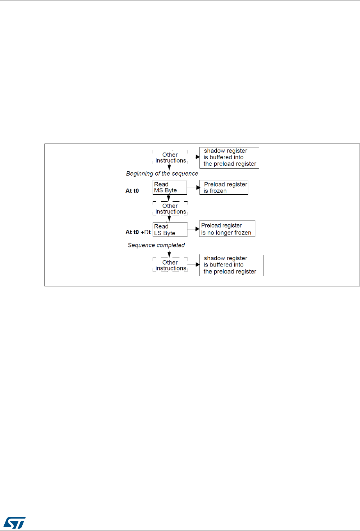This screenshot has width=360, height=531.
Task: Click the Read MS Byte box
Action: point(169,187)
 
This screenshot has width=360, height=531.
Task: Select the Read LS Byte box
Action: point(169,229)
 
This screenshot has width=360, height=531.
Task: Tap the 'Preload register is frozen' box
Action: point(224,187)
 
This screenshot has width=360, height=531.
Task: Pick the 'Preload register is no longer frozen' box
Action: point(227,229)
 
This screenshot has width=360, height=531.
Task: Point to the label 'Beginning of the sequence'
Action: point(162,173)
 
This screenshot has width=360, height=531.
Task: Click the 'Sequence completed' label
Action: point(156,245)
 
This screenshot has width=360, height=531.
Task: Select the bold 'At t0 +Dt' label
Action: point(138,232)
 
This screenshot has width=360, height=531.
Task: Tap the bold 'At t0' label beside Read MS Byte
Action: point(132,191)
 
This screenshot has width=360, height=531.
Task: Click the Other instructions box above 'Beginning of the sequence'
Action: point(170,158)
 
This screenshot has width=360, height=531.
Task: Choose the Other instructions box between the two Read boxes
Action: point(170,209)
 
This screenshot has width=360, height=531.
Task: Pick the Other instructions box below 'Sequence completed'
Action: point(170,265)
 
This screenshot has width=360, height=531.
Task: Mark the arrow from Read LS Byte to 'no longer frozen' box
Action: point(194,229)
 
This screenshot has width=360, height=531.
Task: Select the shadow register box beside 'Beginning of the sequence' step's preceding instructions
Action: point(229,157)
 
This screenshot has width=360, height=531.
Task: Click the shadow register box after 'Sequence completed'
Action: point(231,265)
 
